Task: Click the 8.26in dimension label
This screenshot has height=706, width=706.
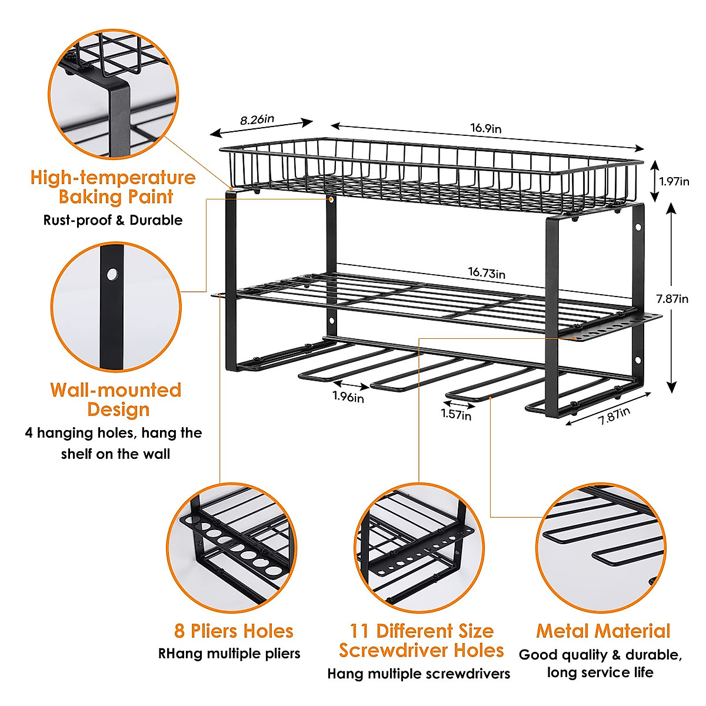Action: pyautogui.click(x=257, y=119)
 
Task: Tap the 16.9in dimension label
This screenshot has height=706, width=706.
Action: pyautogui.click(x=485, y=128)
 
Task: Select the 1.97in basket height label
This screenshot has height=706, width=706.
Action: pyautogui.click(x=674, y=181)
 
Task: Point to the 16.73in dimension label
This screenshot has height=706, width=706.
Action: pyautogui.click(x=487, y=272)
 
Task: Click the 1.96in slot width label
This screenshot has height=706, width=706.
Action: pyautogui.click(x=348, y=397)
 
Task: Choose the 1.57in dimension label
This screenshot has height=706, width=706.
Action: pyautogui.click(x=456, y=415)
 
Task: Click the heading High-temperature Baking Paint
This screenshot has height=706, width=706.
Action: pyautogui.click(x=113, y=187)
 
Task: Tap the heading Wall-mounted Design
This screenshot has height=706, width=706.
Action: pyautogui.click(x=116, y=399)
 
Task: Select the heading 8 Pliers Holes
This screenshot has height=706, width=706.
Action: pyautogui.click(x=234, y=631)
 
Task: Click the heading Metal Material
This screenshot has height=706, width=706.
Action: pyautogui.click(x=603, y=631)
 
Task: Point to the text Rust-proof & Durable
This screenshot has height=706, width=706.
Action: pyautogui.click(x=113, y=221)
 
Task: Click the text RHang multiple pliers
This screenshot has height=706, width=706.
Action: pyautogui.click(x=229, y=654)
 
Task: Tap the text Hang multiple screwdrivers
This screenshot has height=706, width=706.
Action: pyautogui.click(x=419, y=674)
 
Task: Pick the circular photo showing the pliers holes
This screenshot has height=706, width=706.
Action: pyautogui.click(x=231, y=547)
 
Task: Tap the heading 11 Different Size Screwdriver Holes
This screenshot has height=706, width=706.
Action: pyautogui.click(x=421, y=641)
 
